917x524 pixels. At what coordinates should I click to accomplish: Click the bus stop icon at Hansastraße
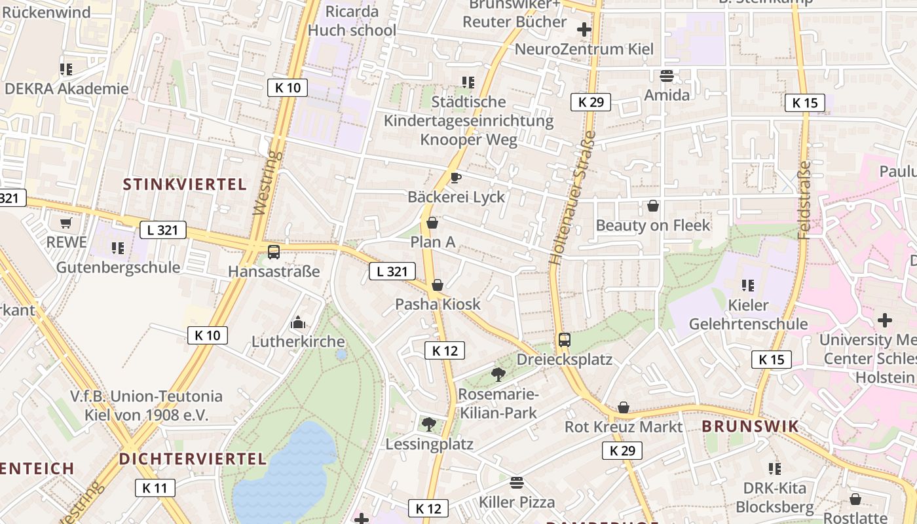point(274,252)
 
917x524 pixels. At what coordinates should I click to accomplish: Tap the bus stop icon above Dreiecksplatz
point(564,340)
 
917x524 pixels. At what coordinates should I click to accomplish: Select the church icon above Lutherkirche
point(298,322)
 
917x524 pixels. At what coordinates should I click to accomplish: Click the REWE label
point(66,242)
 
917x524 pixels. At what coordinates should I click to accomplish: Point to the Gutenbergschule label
point(118,267)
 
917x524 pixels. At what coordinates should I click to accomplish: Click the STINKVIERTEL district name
point(185,184)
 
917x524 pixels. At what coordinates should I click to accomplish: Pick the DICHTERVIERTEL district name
point(193,458)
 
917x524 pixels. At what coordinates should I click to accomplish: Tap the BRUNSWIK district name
point(750,426)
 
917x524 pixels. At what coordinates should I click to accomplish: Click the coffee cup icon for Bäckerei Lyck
point(456,178)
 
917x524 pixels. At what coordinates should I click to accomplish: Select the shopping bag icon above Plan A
point(432,223)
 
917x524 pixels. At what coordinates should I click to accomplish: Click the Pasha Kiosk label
point(438,304)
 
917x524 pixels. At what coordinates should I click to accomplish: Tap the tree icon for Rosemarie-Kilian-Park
point(498,375)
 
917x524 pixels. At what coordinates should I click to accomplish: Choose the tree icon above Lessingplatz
point(429,424)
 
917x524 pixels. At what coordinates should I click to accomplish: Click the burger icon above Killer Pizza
point(517,483)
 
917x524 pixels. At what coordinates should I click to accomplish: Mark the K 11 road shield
point(155,487)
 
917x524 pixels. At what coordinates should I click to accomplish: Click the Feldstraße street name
point(804,200)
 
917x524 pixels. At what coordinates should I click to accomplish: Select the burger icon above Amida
point(667,75)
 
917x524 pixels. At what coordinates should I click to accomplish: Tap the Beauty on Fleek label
point(652,225)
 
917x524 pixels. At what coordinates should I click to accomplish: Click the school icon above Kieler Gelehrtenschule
point(747,285)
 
